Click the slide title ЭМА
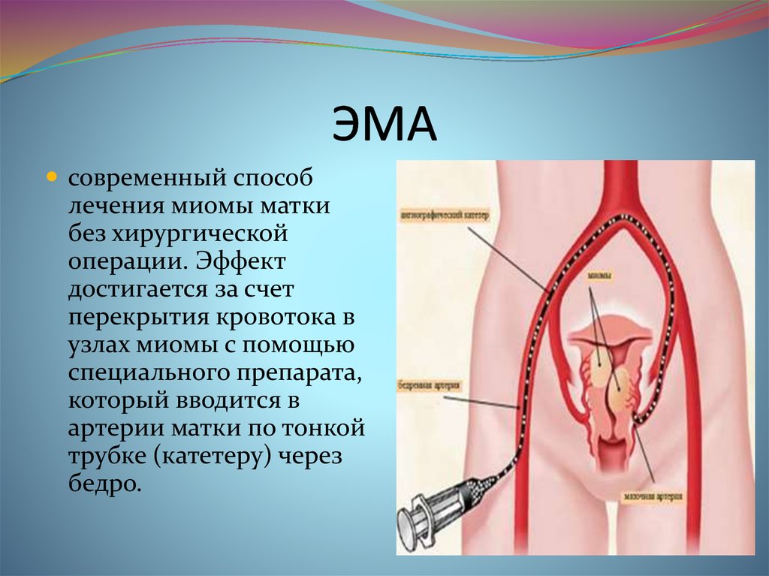click(x=384, y=125)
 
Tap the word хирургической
click(x=200, y=235)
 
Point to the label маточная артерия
click(x=652, y=496)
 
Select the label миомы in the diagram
click(x=599, y=276)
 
